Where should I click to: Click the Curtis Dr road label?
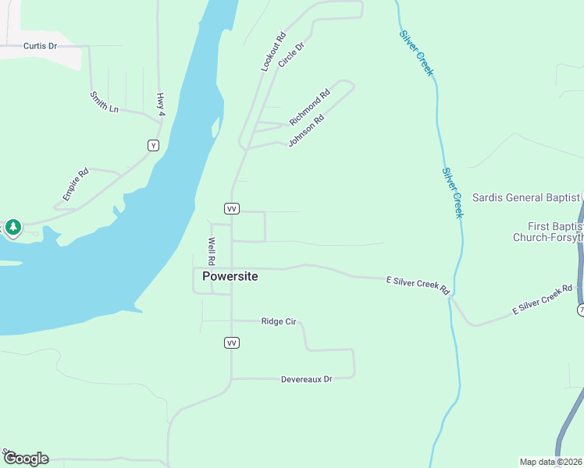click(41, 46)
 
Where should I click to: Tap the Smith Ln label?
click(104, 101)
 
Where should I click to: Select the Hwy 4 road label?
click(161, 105)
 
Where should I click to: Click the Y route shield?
click(153, 145)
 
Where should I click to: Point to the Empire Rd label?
click(77, 183)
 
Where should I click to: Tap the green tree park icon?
click(12, 227)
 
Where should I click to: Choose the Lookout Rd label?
click(274, 52)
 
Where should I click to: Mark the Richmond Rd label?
click(310, 108)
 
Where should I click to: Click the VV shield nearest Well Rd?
click(231, 208)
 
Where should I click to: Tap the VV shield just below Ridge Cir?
click(231, 342)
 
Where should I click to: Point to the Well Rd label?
click(211, 250)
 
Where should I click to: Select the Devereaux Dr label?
click(307, 379)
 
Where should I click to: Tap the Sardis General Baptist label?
click(525, 197)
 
